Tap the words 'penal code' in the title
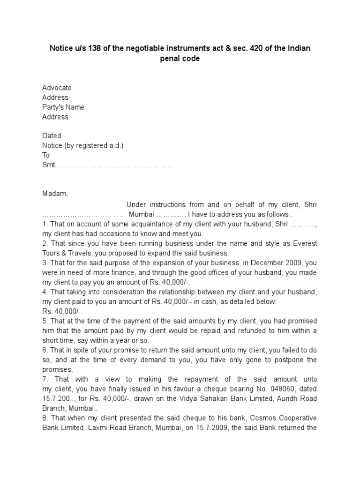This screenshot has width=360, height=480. (180, 60)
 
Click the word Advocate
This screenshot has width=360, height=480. (57, 88)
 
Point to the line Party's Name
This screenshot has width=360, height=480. (63, 107)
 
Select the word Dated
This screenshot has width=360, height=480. (52, 136)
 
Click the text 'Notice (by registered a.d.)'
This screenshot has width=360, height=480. (83, 145)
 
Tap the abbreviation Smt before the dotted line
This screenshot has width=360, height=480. (48, 165)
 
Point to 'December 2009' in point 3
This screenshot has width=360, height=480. (265, 262)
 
